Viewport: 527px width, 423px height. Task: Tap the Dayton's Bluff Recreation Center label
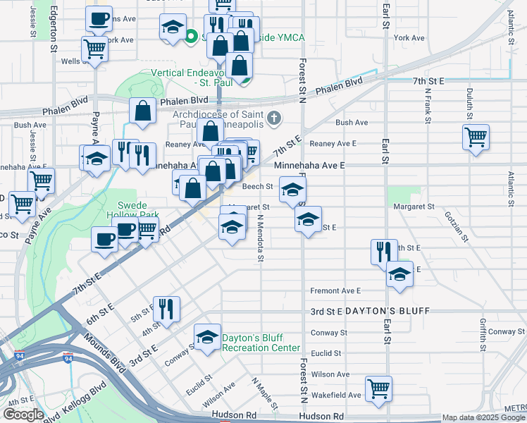[x=261, y=343]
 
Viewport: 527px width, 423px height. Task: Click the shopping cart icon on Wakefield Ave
[x=378, y=388]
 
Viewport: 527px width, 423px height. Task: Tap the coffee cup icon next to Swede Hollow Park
[x=104, y=239]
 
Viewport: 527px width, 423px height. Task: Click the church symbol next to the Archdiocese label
[x=274, y=117]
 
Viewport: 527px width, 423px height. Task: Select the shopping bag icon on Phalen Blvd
[x=143, y=111]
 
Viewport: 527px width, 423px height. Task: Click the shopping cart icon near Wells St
[x=94, y=49]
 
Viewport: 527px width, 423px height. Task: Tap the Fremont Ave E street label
[x=335, y=290]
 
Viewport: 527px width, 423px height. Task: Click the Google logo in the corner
[x=23, y=415]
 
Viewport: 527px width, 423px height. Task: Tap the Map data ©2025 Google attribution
[x=483, y=418]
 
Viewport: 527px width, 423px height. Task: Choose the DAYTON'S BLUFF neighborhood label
[x=380, y=311]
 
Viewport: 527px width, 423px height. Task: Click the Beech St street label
[x=257, y=187]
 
